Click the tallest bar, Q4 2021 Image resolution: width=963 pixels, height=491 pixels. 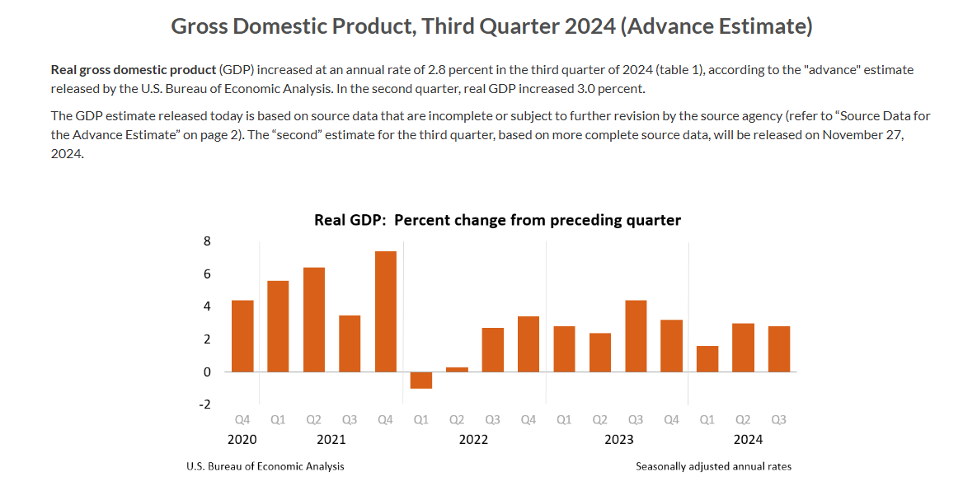(385, 311)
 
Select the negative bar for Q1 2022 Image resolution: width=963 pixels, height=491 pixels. (421, 380)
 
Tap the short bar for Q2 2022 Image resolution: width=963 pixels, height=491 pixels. (457, 369)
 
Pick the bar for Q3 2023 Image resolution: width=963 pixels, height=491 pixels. (636, 336)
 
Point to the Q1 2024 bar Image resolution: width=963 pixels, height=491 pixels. (707, 358)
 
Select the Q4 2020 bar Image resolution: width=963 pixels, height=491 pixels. (242, 336)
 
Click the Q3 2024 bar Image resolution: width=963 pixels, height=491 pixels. (779, 349)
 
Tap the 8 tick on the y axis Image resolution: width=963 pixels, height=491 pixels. (207, 241)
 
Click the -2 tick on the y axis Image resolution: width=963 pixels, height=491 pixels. (204, 404)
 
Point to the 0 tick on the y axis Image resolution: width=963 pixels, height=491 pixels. (207, 372)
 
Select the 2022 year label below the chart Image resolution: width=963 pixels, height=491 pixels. (473, 439)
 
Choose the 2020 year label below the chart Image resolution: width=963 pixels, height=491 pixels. (242, 439)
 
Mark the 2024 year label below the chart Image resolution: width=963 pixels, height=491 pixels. (749, 439)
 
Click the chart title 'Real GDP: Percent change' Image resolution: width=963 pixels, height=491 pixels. (497, 220)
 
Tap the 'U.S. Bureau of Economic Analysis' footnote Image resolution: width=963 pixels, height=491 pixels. (265, 466)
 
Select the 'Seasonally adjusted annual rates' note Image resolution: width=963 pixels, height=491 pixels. (713, 466)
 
